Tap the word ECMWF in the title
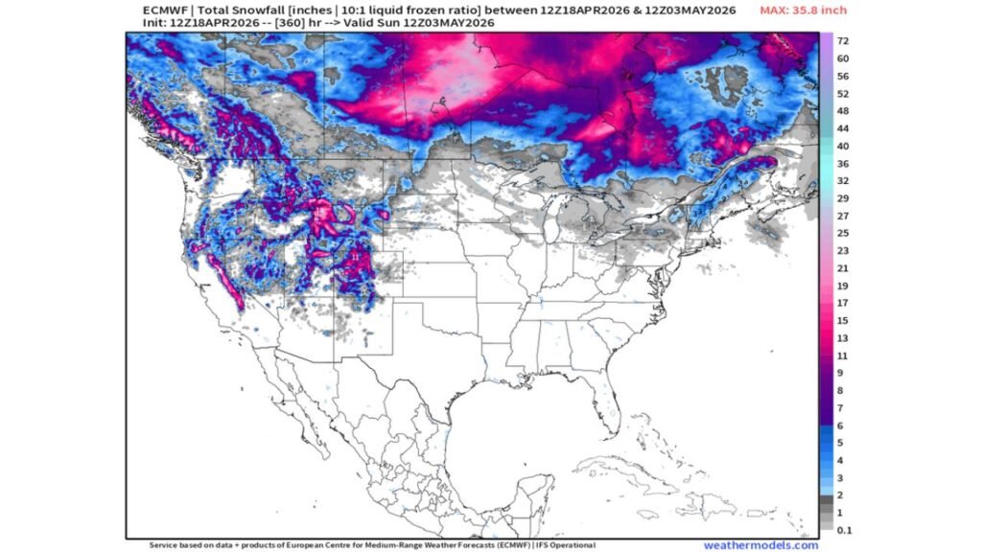[162, 10]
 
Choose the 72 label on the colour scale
[842, 42]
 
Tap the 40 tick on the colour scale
[842, 146]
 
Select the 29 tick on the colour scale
[842, 198]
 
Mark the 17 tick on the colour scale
[842, 303]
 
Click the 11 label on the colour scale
[842, 356]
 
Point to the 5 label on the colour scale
[841, 443]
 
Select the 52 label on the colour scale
[842, 94]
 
